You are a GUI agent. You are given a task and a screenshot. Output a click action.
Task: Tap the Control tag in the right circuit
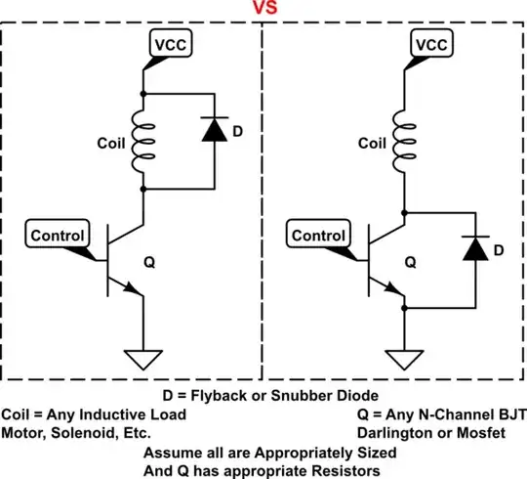click(x=318, y=235)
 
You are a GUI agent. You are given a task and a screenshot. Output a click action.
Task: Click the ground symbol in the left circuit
click(x=144, y=360)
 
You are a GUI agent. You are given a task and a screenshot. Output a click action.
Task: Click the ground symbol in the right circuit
click(x=404, y=360)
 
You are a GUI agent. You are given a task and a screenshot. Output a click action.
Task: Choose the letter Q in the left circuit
click(x=149, y=261)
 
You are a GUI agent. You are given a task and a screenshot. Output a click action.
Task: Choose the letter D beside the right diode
click(x=499, y=251)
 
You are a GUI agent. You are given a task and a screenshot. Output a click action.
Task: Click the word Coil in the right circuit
click(x=372, y=141)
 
